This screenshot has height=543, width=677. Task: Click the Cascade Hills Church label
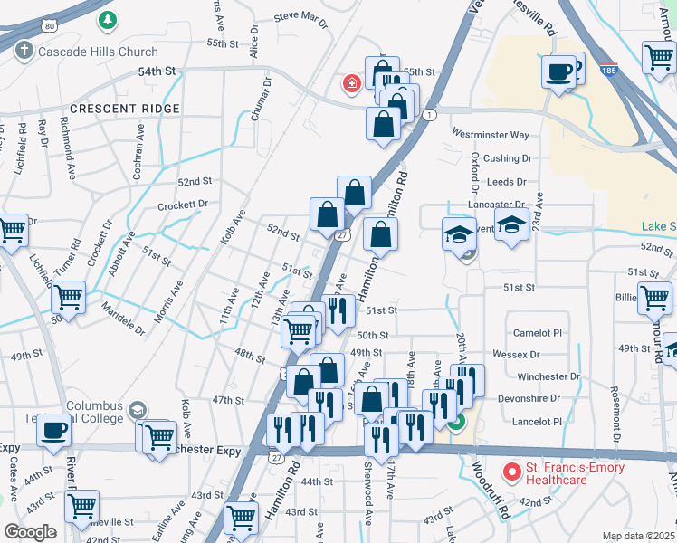click(x=98, y=52)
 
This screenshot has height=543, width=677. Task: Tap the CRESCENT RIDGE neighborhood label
click(x=125, y=109)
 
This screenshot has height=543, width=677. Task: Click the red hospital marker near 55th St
click(x=351, y=84)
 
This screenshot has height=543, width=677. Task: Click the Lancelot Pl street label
click(x=539, y=422)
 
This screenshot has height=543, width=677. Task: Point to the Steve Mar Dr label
click(x=300, y=16)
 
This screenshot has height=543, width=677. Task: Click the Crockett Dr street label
click(x=184, y=205)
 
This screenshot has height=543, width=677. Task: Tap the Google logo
click(x=30, y=532)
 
